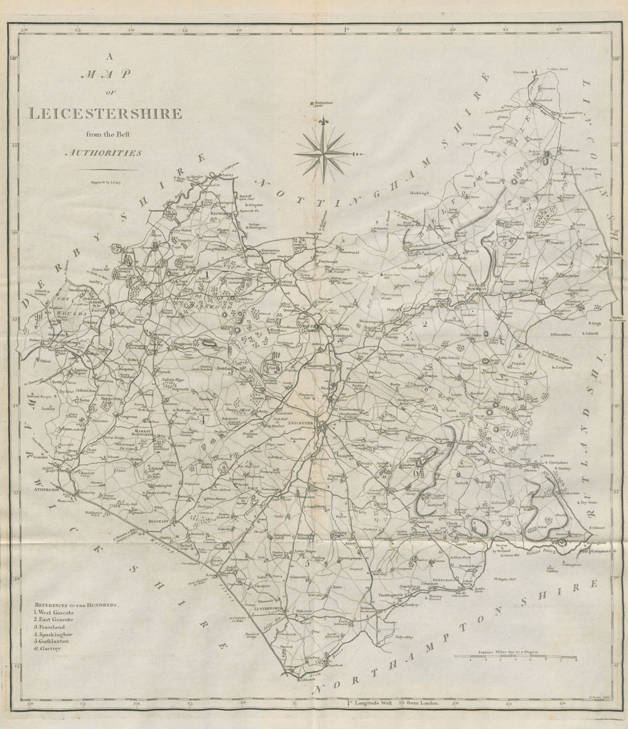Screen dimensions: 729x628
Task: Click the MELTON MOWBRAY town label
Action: [x=479, y=285]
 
